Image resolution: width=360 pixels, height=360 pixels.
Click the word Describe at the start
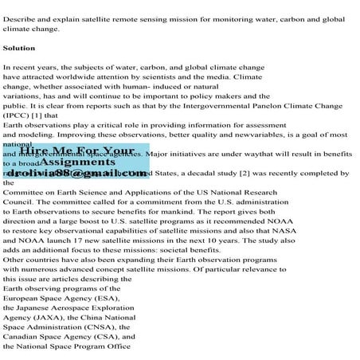[x=20, y=18]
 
